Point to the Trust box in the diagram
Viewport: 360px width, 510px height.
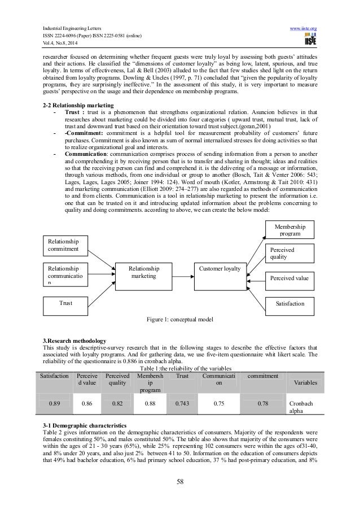click(x=67, y=304)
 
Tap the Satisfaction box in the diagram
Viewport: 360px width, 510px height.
click(x=289, y=304)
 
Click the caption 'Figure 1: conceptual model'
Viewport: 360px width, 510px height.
click(x=179, y=320)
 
